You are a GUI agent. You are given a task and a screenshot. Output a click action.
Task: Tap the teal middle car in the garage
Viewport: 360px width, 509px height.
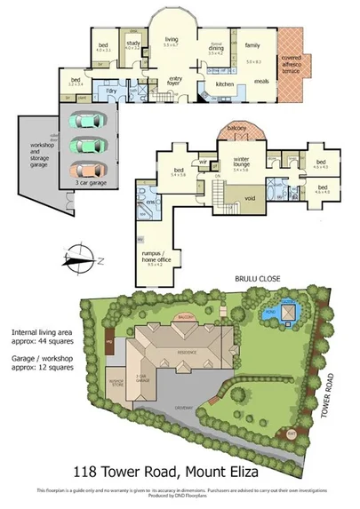pyautogui.click(x=86, y=145)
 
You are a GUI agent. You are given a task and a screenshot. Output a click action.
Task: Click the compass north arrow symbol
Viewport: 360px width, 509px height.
pyautogui.click(x=76, y=258)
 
